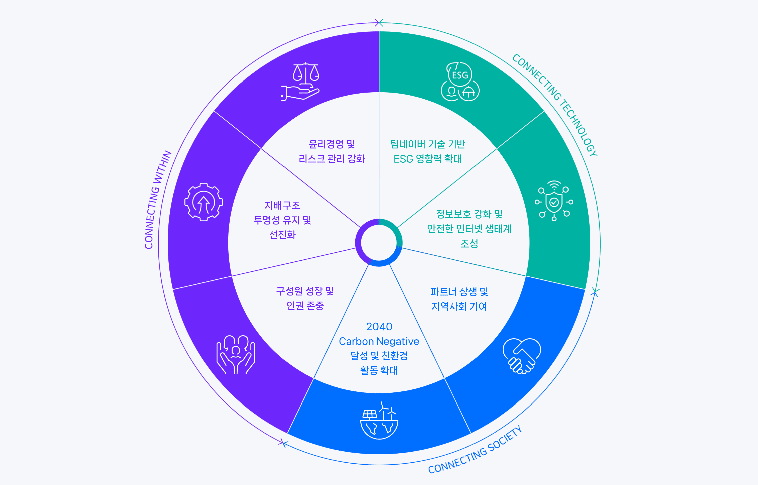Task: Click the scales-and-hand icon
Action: pyautogui.click(x=300, y=81)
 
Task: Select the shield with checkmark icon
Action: pyautogui.click(x=554, y=201)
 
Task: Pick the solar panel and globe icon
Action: pyautogui.click(x=379, y=421)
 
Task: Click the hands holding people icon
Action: pyautogui.click(x=236, y=354)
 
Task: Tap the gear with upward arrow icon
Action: pyautogui.click(x=204, y=202)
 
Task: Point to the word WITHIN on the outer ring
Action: pyautogui.click(x=162, y=167)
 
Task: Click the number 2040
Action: pyautogui.click(x=379, y=326)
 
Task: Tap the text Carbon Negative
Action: pyautogui.click(x=379, y=341)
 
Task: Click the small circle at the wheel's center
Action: pyautogui.click(x=379, y=243)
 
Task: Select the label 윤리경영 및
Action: pyautogui.click(x=332, y=144)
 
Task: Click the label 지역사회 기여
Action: pyautogui.click(x=459, y=306)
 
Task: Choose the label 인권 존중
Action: pyautogui.click(x=305, y=305)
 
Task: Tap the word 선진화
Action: pyautogui.click(x=282, y=235)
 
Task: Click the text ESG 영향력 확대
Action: pyautogui.click(x=428, y=159)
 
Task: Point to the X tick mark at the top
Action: pyautogui.click(x=379, y=23)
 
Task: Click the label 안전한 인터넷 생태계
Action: pyautogui.click(x=469, y=229)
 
